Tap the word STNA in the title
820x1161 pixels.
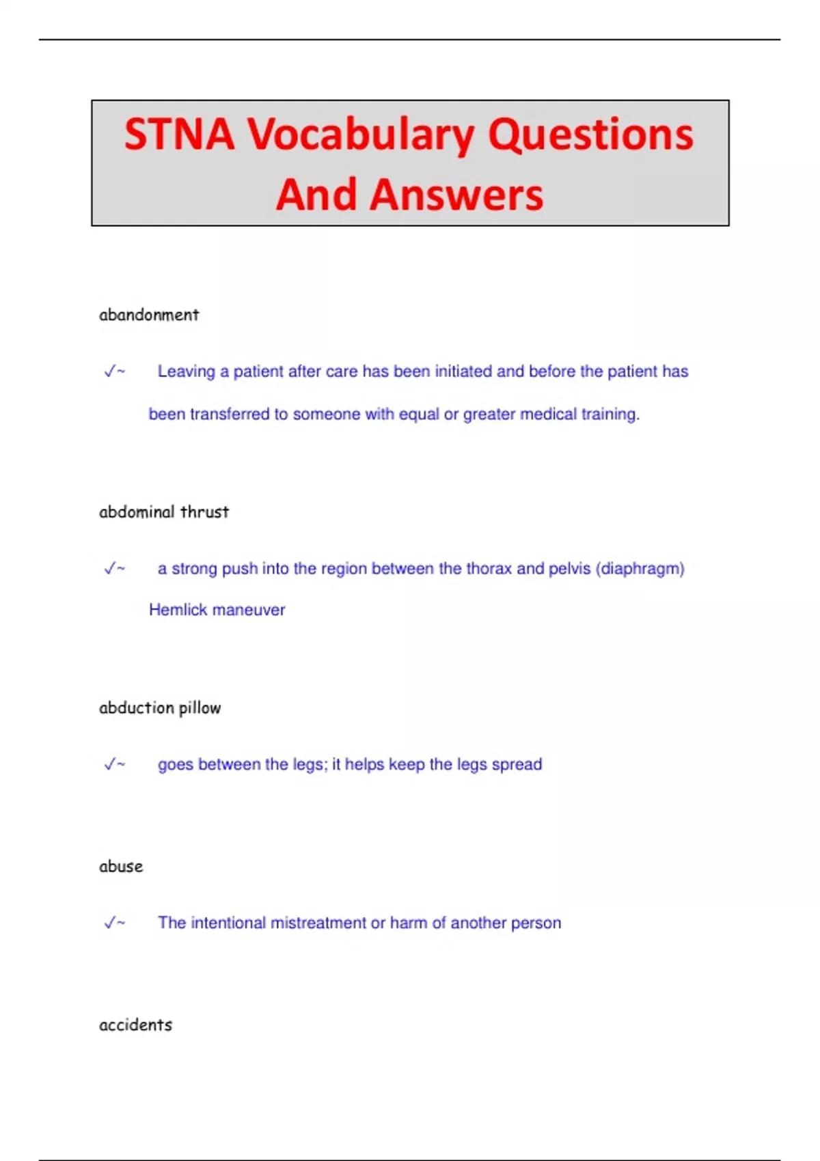[179, 134]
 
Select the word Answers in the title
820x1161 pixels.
[456, 195]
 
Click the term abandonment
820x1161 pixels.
[149, 315]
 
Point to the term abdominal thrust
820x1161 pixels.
[164, 512]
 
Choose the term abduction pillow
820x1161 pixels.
[160, 708]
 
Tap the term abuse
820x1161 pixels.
[121, 867]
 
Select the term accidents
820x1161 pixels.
[135, 1025]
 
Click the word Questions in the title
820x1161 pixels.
[590, 135]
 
